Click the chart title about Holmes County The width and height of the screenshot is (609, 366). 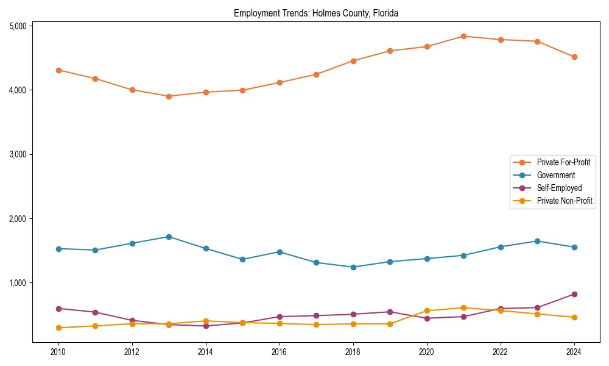(315, 13)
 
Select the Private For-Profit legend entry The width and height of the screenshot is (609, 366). (559, 162)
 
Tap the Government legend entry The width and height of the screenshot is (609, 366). (555, 175)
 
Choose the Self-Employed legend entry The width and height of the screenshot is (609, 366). (559, 188)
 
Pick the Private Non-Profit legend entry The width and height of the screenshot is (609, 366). (565, 201)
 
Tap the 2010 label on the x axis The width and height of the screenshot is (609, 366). (58, 352)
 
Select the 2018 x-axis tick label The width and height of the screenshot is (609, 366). (353, 352)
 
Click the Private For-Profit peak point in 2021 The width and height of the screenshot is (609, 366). (463, 36)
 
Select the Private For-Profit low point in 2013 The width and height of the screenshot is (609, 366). (169, 96)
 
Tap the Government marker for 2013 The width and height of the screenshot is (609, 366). (169, 237)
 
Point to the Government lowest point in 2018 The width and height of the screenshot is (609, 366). (353, 267)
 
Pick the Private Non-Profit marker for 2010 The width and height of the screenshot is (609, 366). (58, 328)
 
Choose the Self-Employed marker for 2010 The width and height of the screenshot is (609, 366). (58, 309)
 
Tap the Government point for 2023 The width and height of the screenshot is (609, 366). (537, 241)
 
